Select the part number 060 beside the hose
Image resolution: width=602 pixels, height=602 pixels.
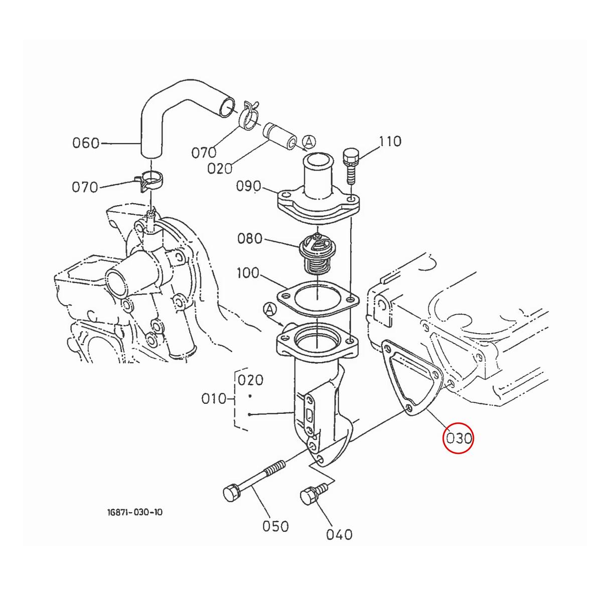coord(86,143)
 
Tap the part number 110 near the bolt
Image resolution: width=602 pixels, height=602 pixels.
coord(390,141)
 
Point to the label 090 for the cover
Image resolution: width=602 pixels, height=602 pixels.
coord(249,187)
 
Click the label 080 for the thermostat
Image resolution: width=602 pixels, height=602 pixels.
coord(250,238)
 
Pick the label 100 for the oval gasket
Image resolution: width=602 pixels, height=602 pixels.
coord(248,273)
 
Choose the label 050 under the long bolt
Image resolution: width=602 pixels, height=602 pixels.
coord(276,526)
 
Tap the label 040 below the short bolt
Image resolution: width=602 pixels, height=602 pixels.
coord(339,534)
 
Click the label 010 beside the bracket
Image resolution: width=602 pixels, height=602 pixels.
coord(214,399)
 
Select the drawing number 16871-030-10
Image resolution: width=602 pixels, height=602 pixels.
coord(134,512)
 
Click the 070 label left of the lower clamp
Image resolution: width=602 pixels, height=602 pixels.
coord(85,187)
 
